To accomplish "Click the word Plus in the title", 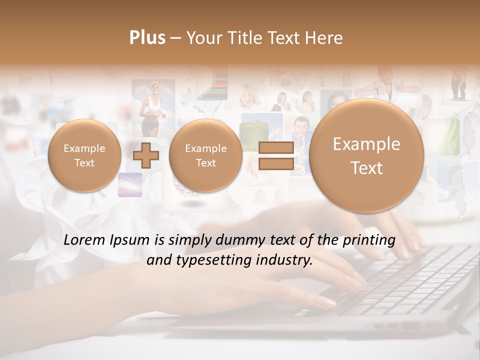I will (x=147, y=38).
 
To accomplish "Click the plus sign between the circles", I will (x=145, y=155).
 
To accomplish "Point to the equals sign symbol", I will (x=275, y=155).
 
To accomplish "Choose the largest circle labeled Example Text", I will (x=366, y=155).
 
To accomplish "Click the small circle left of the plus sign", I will (x=84, y=155).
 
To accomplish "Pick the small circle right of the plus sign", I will (x=205, y=155).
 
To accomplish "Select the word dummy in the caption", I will (x=236, y=240).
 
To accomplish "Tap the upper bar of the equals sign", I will (x=275, y=147).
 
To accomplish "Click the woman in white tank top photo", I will (x=152, y=105).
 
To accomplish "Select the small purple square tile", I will (x=130, y=184).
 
